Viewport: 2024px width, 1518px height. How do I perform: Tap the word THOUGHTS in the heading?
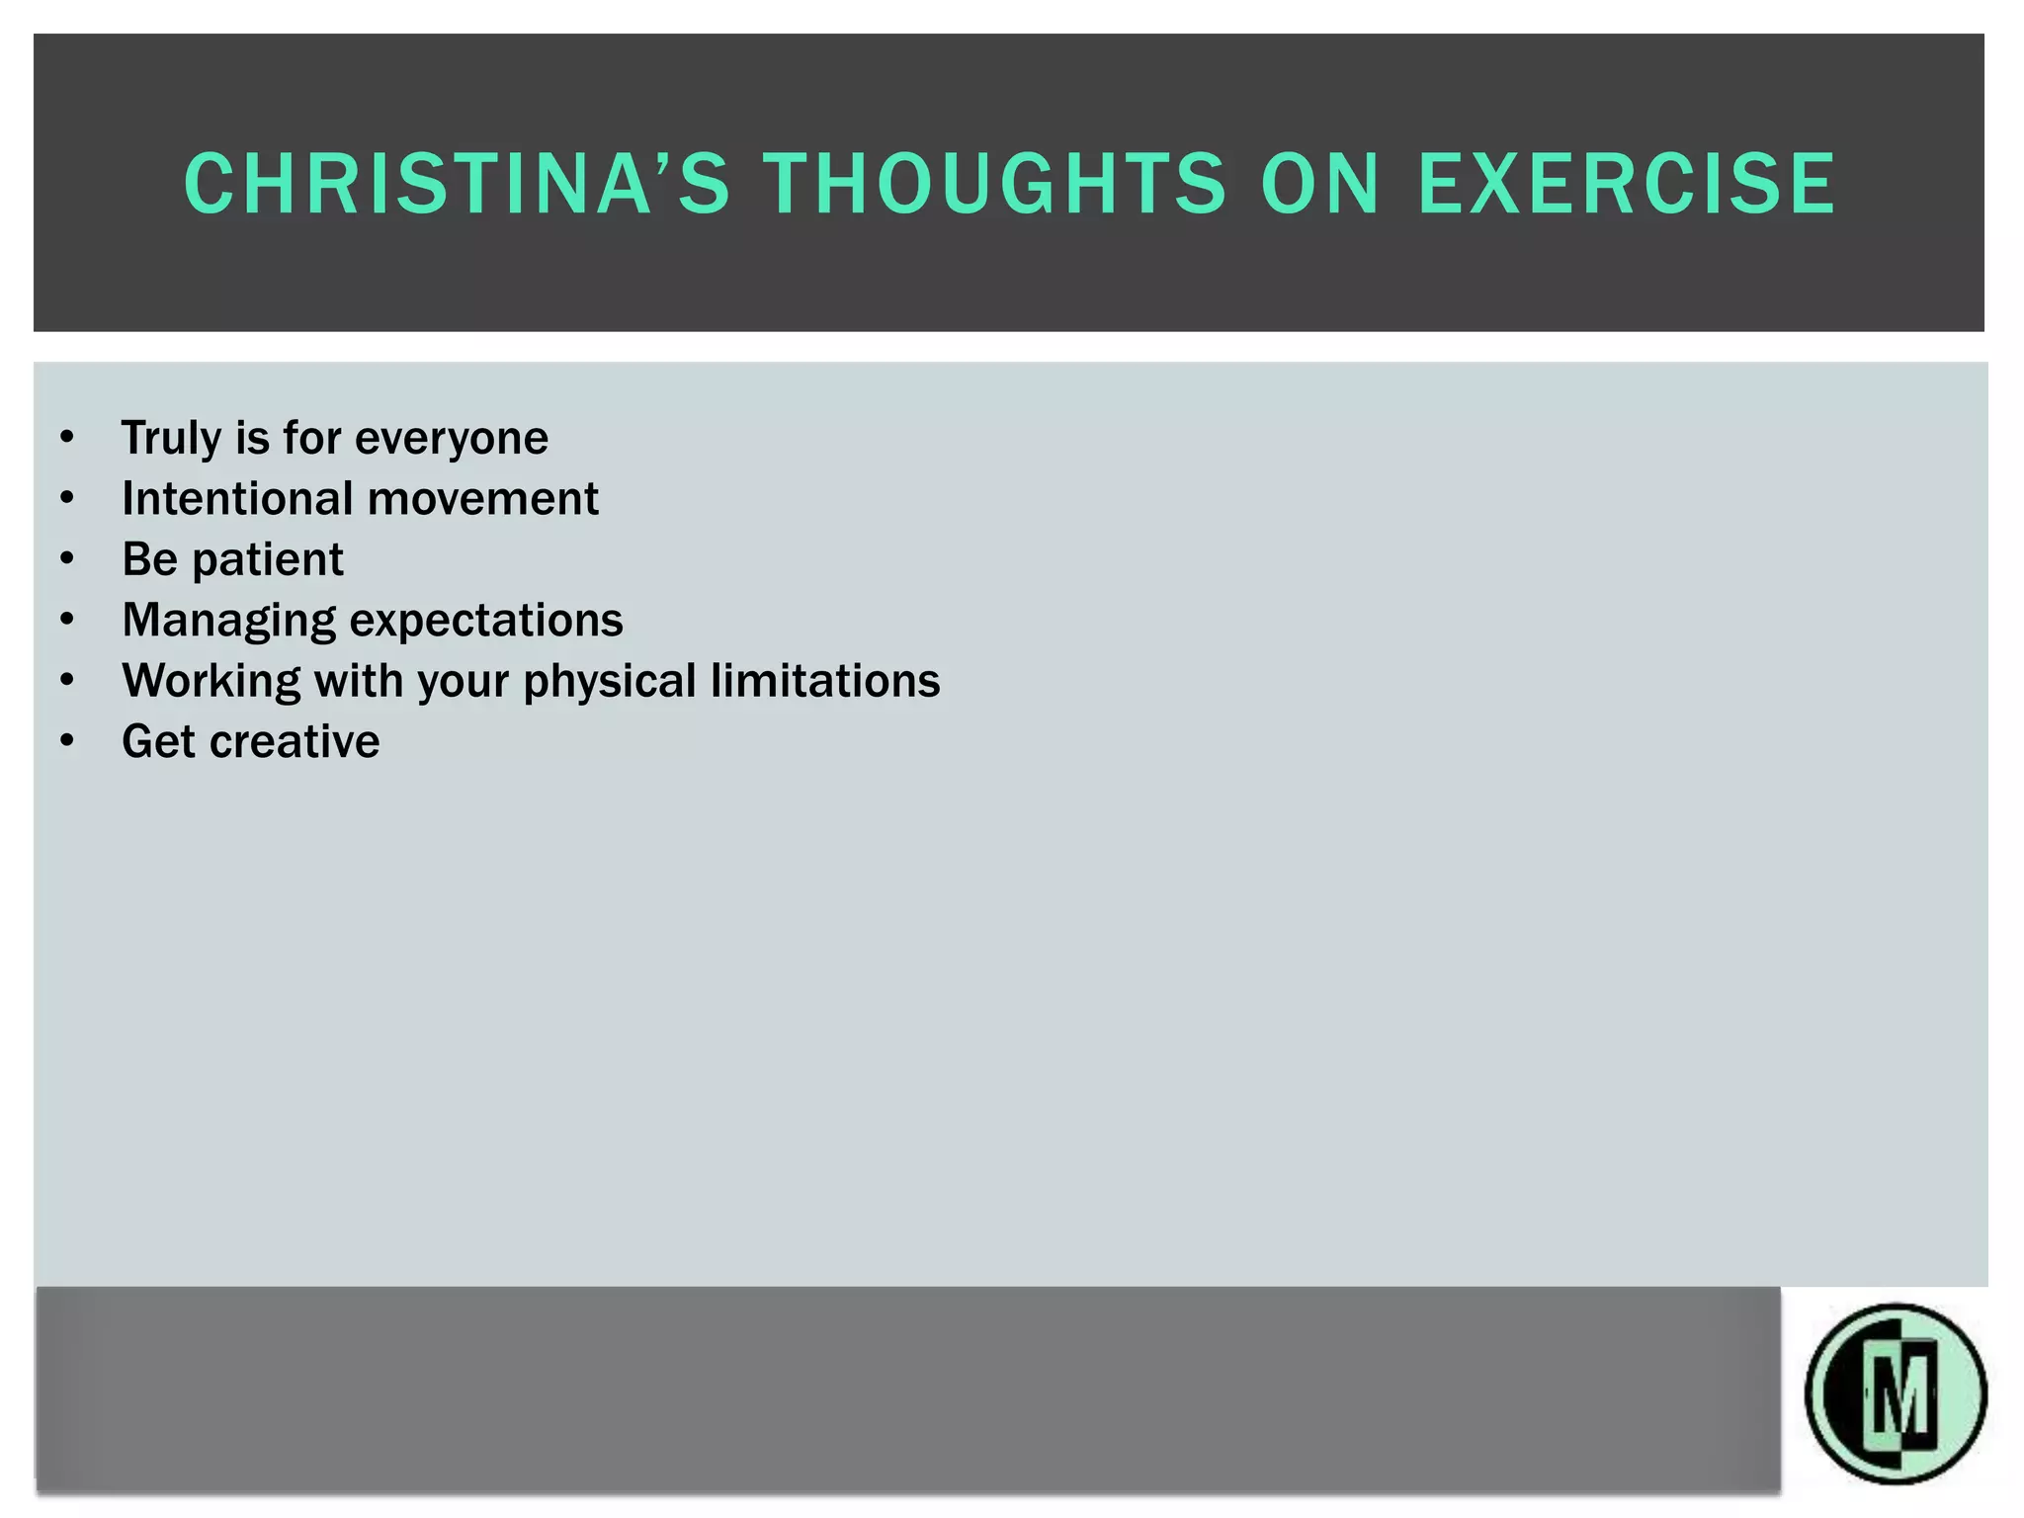point(994,184)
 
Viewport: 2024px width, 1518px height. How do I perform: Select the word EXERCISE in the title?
point(1627,184)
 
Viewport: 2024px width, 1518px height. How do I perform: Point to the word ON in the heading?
point(1320,184)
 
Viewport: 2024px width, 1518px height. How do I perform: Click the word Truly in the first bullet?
point(171,438)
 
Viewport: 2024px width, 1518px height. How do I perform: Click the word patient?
point(267,559)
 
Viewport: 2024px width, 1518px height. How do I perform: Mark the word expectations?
point(486,621)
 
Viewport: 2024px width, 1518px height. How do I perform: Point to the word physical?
point(610,681)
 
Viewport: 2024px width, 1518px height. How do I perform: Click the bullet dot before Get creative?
point(66,741)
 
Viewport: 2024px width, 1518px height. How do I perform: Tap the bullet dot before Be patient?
point(66,559)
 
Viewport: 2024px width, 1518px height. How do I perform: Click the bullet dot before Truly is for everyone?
point(66,438)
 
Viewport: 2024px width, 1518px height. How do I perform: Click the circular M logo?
point(1895,1393)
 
